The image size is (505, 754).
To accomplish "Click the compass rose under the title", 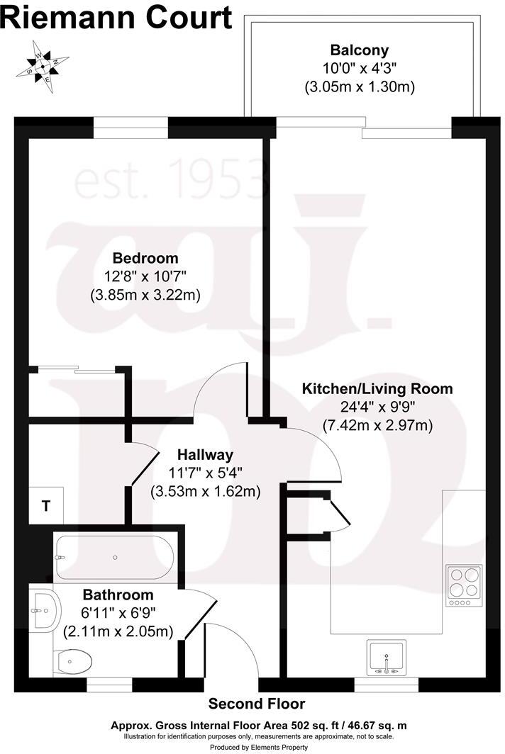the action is pyautogui.click(x=43, y=66).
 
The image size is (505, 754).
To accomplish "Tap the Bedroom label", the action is pyautogui.click(x=145, y=258).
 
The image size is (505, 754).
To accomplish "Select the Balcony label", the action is pyautogui.click(x=359, y=50).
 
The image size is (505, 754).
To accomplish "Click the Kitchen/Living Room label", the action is pyautogui.click(x=377, y=388).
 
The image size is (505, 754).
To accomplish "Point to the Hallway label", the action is pyautogui.click(x=205, y=454).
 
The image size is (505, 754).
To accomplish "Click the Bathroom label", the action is pyautogui.click(x=118, y=595).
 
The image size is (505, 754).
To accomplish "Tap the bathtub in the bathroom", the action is pyautogui.click(x=115, y=558).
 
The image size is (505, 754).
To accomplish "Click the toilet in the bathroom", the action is pyautogui.click(x=73, y=662).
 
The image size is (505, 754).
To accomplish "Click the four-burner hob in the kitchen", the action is pyautogui.click(x=464, y=585).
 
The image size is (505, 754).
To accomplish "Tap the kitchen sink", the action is pyautogui.click(x=386, y=657).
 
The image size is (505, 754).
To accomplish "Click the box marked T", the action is pyautogui.click(x=46, y=505).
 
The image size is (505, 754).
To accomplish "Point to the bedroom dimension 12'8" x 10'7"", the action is pyautogui.click(x=145, y=276).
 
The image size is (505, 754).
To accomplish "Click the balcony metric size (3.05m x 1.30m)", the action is pyautogui.click(x=360, y=87).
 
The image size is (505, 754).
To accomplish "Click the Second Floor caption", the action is pyautogui.click(x=257, y=704).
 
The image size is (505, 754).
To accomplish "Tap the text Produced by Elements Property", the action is pyautogui.click(x=258, y=747).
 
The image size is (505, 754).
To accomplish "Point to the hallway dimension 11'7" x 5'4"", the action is pyautogui.click(x=205, y=473).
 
